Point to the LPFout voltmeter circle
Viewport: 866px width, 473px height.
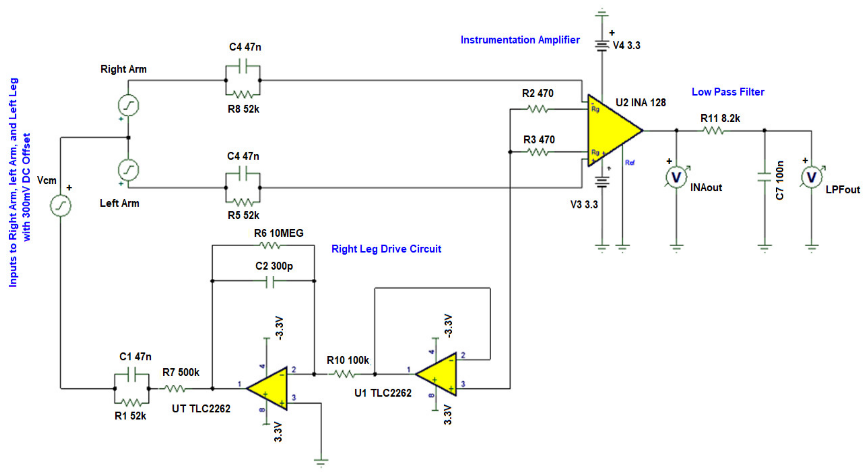pyautogui.click(x=811, y=177)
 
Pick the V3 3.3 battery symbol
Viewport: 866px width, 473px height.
pyautogui.click(x=602, y=182)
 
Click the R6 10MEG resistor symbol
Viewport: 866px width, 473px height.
pyautogui.click(x=270, y=246)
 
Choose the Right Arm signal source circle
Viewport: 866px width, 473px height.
pyautogui.click(x=128, y=105)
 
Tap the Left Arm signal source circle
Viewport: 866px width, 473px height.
pyautogui.click(x=128, y=170)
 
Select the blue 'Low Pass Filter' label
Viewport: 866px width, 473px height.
pyautogui.click(x=728, y=92)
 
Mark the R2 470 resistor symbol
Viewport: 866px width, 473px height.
pyautogui.click(x=537, y=109)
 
